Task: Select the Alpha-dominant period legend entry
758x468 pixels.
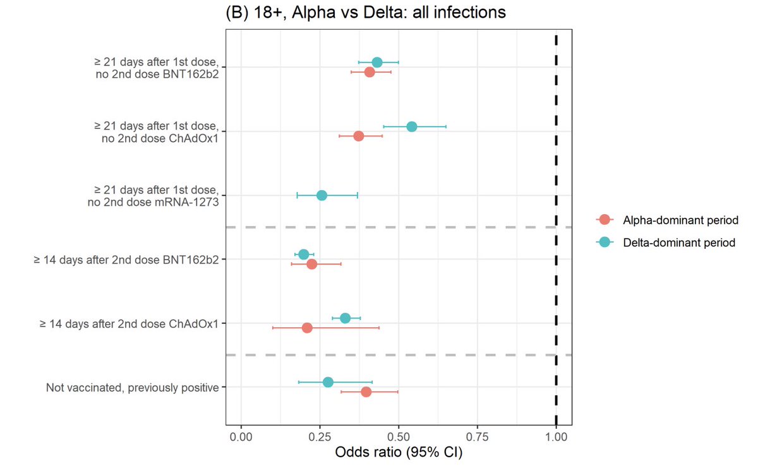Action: click(x=671, y=219)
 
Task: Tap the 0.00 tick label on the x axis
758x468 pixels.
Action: click(x=241, y=437)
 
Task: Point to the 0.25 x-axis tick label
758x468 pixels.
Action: click(x=320, y=437)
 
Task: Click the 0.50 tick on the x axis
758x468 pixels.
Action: click(x=399, y=437)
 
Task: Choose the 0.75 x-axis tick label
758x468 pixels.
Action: click(x=478, y=437)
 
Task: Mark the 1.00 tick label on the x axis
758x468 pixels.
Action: click(x=556, y=437)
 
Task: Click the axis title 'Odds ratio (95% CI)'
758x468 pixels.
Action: click(x=399, y=454)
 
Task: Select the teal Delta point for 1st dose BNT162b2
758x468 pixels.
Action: click(x=377, y=62)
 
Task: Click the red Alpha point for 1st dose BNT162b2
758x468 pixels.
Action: click(x=370, y=73)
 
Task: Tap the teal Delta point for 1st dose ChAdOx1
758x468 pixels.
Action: click(x=412, y=126)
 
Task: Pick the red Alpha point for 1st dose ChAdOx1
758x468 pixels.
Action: click(x=359, y=136)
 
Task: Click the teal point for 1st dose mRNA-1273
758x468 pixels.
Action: click(x=322, y=195)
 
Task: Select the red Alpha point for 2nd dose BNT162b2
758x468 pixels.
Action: click(x=311, y=264)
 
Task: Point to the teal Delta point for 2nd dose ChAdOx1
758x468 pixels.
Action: click(x=345, y=318)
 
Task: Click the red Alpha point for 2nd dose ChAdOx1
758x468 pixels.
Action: click(x=307, y=328)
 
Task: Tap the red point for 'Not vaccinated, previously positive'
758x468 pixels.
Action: click(x=366, y=392)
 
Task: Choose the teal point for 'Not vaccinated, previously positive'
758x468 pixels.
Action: click(x=328, y=382)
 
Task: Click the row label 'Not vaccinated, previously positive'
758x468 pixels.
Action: click(x=133, y=387)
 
